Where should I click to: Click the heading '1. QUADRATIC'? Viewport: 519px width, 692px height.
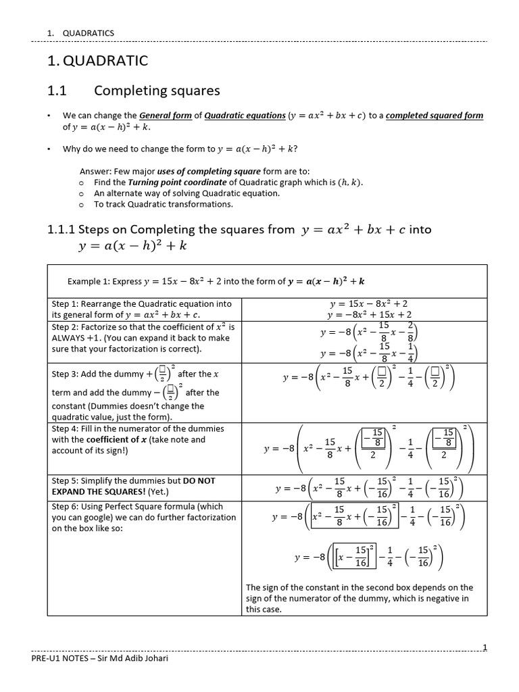(97, 61)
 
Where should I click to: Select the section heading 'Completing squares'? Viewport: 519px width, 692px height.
(157, 91)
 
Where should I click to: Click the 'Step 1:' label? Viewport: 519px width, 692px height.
(66, 304)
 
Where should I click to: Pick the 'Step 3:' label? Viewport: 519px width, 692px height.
(66, 374)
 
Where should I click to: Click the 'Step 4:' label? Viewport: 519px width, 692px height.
(66, 428)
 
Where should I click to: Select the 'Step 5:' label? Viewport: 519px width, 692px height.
(66, 480)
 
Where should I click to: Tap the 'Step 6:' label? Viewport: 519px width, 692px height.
(66, 506)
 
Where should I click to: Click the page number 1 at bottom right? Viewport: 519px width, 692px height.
(484, 647)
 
